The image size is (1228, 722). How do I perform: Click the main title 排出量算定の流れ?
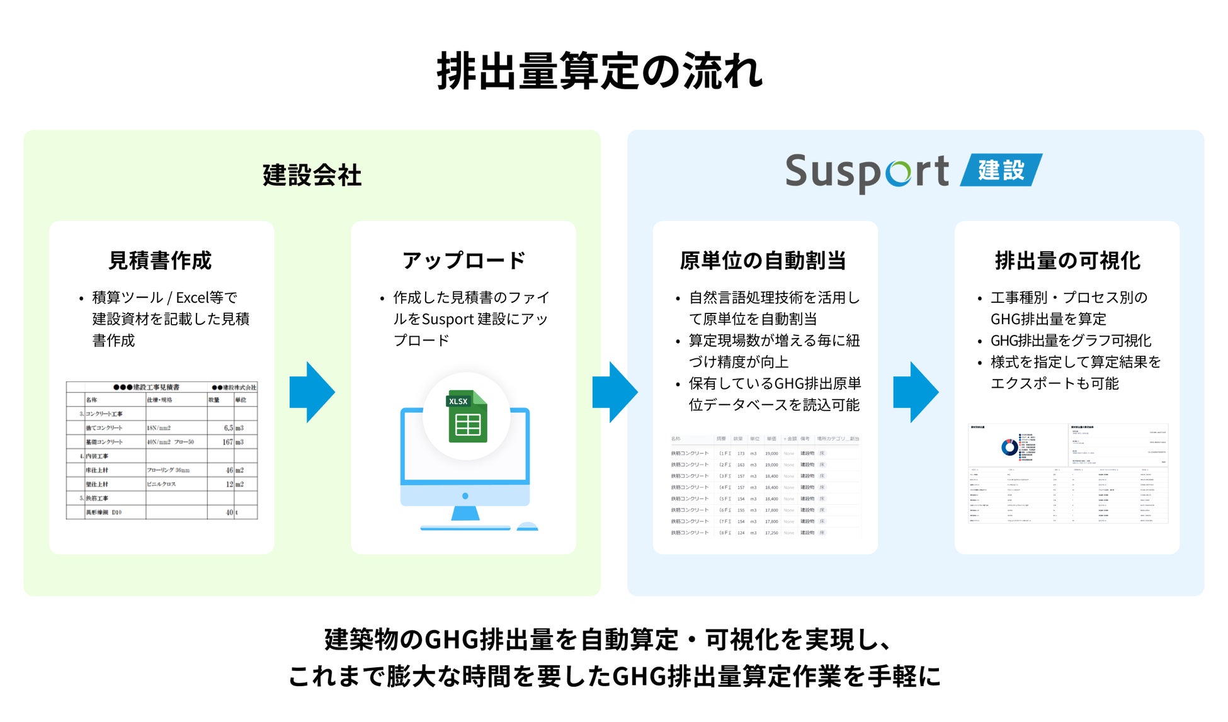pyautogui.click(x=600, y=71)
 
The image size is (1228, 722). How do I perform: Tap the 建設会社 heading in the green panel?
pyautogui.click(x=312, y=175)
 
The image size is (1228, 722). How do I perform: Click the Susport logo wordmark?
pyautogui.click(x=867, y=172)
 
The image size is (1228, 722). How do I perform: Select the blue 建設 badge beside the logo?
pyautogui.click(x=1001, y=170)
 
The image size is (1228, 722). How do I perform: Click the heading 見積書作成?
pyautogui.click(x=160, y=260)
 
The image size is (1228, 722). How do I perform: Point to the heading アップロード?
pyautogui.click(x=463, y=260)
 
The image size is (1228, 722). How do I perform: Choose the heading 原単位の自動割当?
pyautogui.click(x=763, y=260)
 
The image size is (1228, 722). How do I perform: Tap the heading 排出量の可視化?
pyautogui.click(x=1067, y=260)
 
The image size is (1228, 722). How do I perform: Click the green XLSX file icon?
pyautogui.click(x=467, y=417)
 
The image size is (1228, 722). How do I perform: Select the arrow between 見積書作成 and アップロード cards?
pyautogui.click(x=312, y=392)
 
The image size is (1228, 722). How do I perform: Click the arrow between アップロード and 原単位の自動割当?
pyautogui.click(x=615, y=392)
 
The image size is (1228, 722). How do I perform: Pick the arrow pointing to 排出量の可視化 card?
pyautogui.click(x=916, y=392)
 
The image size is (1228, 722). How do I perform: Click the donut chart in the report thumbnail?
pyautogui.click(x=1009, y=447)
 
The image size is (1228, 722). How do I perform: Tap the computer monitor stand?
pyautogui.click(x=465, y=513)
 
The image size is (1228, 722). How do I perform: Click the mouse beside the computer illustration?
pyautogui.click(x=527, y=526)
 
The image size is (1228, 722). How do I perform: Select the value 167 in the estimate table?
pyautogui.click(x=227, y=442)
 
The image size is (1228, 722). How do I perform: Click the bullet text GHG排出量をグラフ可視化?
pyautogui.click(x=1071, y=341)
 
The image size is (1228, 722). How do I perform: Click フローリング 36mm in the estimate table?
pyautogui.click(x=168, y=470)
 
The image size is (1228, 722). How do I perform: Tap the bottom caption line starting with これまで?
pyautogui.click(x=614, y=677)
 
